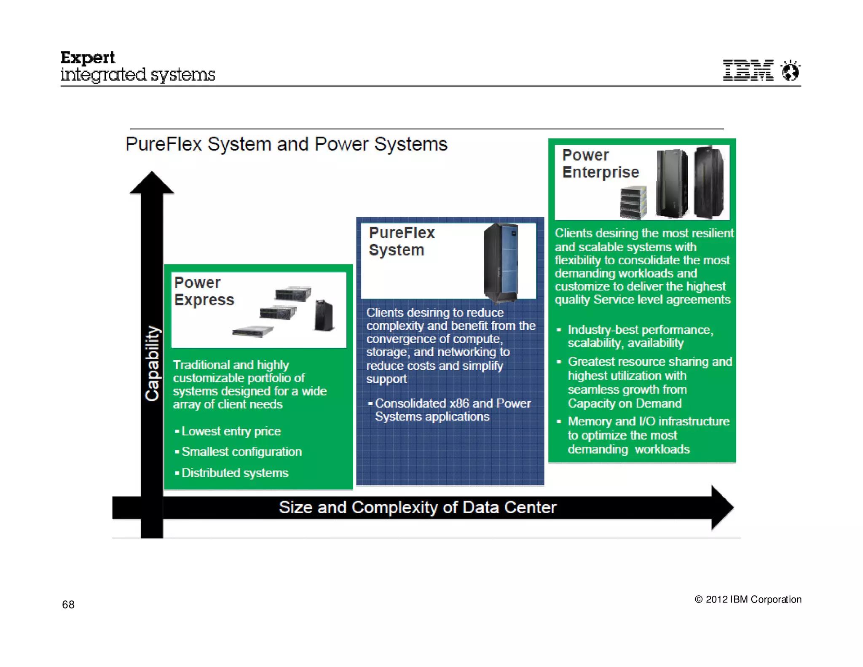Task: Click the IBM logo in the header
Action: tap(748, 70)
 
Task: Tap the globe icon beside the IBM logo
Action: tap(790, 70)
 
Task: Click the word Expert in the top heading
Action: tap(87, 58)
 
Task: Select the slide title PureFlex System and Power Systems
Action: tap(286, 144)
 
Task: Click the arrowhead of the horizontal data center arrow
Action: tap(721, 507)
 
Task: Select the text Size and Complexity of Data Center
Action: tap(417, 507)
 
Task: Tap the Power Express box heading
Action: tap(204, 291)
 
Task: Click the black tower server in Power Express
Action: tap(324, 315)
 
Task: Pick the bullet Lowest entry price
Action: tap(230, 431)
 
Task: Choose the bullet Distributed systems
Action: tap(234, 473)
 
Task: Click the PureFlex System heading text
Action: tap(401, 241)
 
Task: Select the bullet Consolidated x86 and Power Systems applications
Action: tap(452, 410)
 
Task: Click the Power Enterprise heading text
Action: tap(600, 164)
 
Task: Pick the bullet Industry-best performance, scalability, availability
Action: tap(640, 336)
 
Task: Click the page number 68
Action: tap(68, 605)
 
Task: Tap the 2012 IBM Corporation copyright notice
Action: tap(748, 599)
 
